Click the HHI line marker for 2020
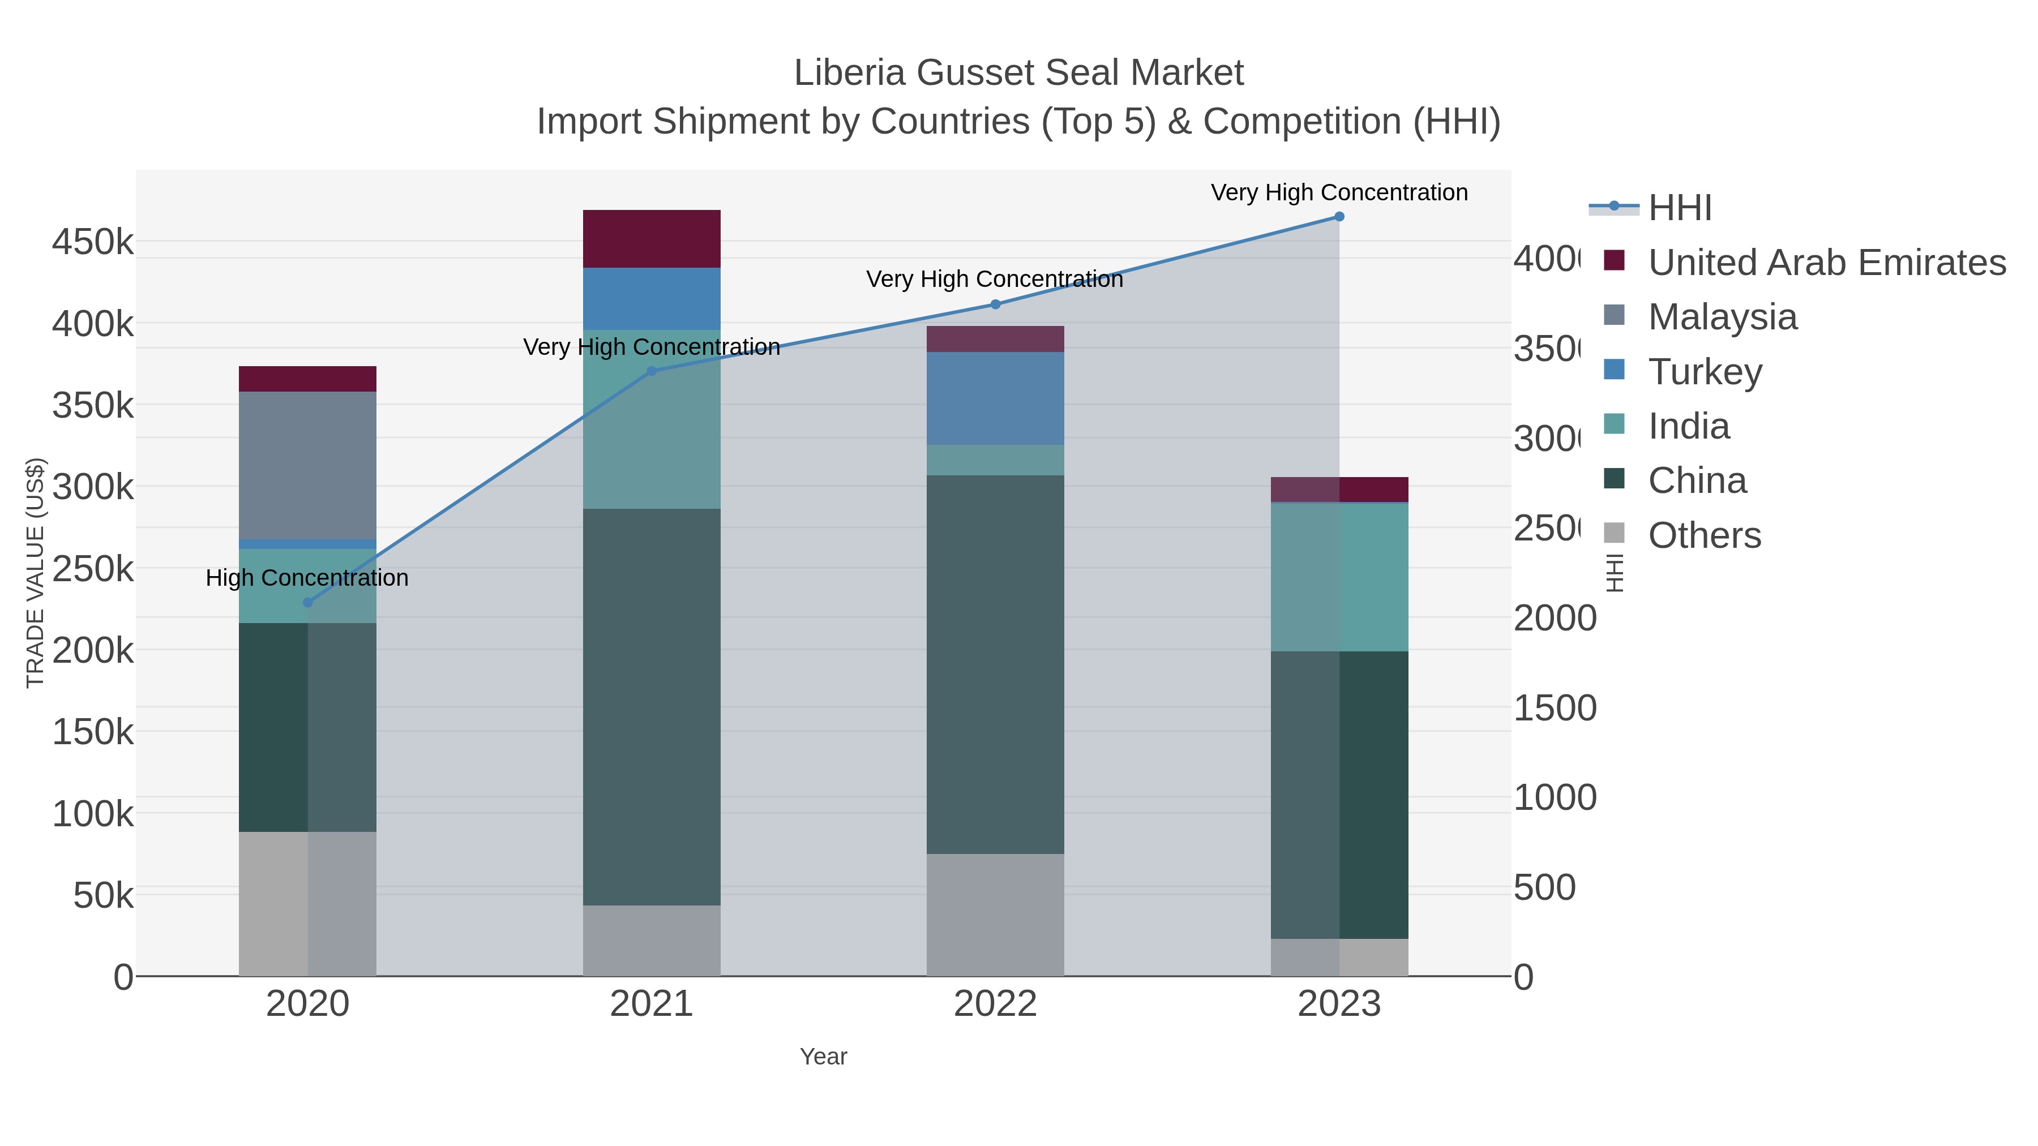pyautogui.click(x=308, y=603)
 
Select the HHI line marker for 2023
pyautogui.click(x=1339, y=217)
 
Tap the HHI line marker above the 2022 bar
pyautogui.click(x=995, y=304)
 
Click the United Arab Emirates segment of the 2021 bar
pyautogui.click(x=651, y=239)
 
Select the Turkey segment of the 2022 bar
pyautogui.click(x=995, y=398)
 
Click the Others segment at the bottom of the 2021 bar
pyautogui.click(x=651, y=941)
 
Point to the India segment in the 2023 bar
pyautogui.click(x=1339, y=577)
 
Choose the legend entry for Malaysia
pyautogui.click(x=1722, y=317)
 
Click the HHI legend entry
pyautogui.click(x=1679, y=208)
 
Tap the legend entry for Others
pyautogui.click(x=1704, y=535)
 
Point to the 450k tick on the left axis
pyautogui.click(x=93, y=242)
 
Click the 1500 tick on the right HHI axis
pyautogui.click(x=1554, y=708)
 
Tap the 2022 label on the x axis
pyautogui.click(x=995, y=1005)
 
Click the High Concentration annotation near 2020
pyautogui.click(x=307, y=578)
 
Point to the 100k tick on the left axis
pyautogui.click(x=93, y=814)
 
